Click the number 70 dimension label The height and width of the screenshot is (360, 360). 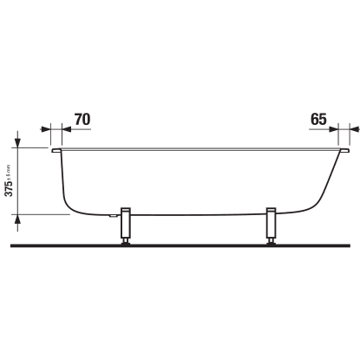click(82, 119)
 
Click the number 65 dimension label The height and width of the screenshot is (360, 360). click(318, 119)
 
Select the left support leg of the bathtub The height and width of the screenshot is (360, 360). click(126, 222)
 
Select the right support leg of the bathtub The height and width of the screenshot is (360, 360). click(272, 222)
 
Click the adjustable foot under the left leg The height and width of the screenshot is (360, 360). click(126, 241)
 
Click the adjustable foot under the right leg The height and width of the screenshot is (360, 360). click(272, 241)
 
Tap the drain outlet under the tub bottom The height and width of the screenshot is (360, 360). click(113, 215)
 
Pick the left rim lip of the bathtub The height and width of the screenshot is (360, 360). click(56, 150)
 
